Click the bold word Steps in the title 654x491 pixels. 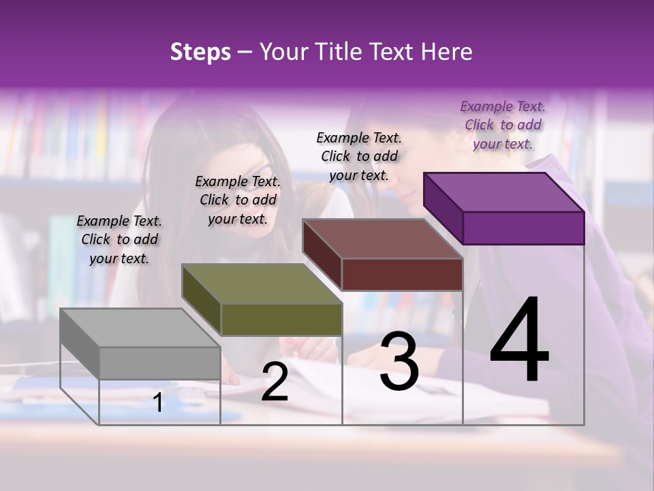200,52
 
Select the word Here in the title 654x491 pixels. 446,52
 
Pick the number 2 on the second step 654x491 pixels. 275,382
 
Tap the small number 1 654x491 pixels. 158,402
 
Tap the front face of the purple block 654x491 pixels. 523,228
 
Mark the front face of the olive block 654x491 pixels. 281,319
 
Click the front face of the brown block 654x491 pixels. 402,274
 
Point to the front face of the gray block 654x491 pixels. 160,363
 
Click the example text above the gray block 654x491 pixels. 119,239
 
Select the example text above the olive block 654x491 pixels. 238,200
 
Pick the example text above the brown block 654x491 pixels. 359,156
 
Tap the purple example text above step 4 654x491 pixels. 503,125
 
